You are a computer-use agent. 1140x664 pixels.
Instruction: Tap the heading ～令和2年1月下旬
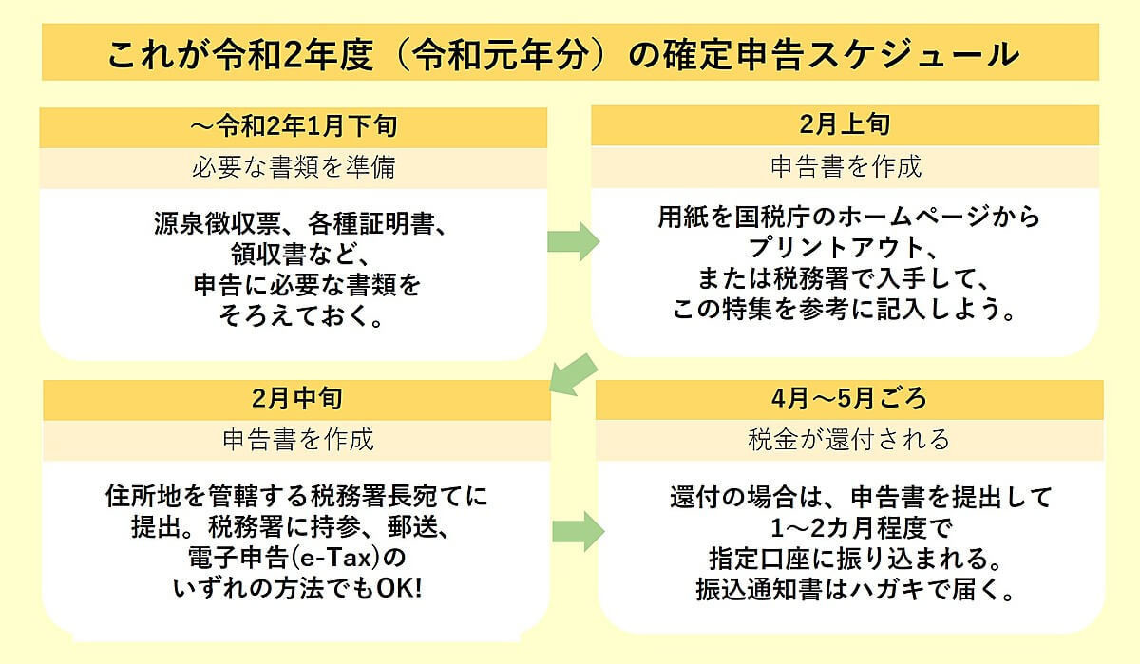point(294,125)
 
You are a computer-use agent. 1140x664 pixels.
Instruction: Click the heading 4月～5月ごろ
point(849,398)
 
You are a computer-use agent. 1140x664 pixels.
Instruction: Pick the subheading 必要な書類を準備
point(294,168)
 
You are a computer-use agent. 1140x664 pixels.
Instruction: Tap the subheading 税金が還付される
point(848,440)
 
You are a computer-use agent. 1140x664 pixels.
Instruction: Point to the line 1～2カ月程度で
point(849,528)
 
